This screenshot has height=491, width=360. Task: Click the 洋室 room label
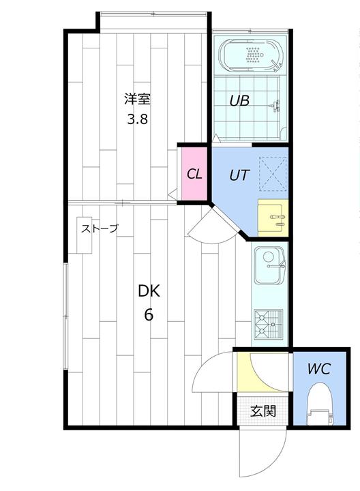point(138,99)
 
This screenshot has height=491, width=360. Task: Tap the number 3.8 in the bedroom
point(137,119)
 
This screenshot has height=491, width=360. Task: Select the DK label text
point(149,291)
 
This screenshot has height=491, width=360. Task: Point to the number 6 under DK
point(149,314)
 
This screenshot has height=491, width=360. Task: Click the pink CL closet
point(195,174)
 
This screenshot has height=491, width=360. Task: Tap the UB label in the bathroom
point(239,101)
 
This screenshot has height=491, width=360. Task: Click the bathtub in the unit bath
point(252,56)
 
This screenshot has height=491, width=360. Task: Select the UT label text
point(239,175)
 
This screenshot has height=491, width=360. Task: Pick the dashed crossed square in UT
point(273,173)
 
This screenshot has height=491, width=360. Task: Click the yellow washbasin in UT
point(273,218)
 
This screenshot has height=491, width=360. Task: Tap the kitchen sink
point(270,265)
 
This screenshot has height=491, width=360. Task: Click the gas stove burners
point(269,324)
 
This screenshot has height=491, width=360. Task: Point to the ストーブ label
point(100,228)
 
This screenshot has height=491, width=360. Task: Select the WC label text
point(319,369)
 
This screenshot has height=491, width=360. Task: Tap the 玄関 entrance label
point(263,411)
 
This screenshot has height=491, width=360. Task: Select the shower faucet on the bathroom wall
point(275,106)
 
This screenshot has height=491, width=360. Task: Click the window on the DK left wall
point(65,316)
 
